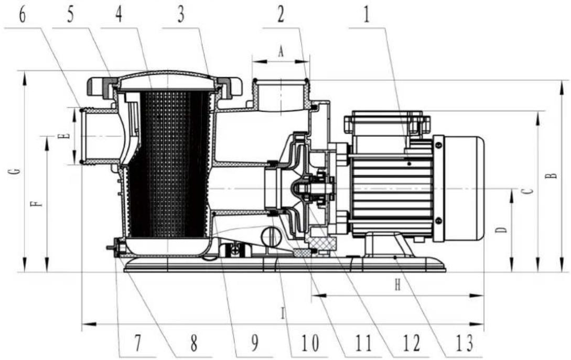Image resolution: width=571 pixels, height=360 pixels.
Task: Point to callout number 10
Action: (309, 343)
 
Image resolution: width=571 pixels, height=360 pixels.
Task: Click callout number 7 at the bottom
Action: (137, 343)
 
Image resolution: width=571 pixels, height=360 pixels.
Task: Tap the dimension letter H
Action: (397, 285)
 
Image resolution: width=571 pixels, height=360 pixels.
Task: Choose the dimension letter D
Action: (501, 230)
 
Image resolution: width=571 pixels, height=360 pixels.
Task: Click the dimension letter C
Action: (529, 191)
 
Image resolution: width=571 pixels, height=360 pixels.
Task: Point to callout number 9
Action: (255, 343)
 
